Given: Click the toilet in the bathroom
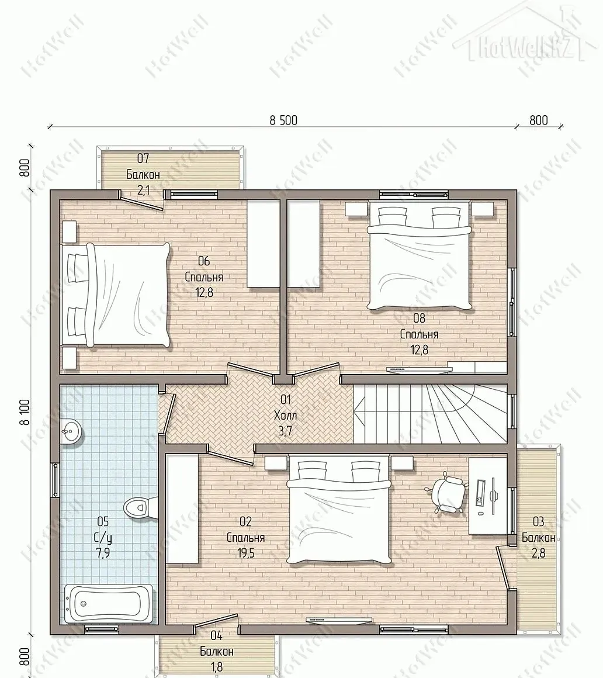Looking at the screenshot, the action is click(141, 508).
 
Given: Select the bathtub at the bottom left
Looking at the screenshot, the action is click(109, 604).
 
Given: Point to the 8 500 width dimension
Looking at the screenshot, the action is click(283, 120).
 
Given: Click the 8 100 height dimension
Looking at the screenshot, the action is click(25, 412).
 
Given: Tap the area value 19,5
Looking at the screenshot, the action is click(245, 554).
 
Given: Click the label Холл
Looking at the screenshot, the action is click(286, 415).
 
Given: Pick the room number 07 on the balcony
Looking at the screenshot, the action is click(143, 159).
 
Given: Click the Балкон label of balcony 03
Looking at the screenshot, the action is click(538, 538).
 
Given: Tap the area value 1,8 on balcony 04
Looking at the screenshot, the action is click(217, 666).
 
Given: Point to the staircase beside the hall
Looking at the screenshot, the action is click(431, 413).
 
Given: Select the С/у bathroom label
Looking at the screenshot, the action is click(103, 538).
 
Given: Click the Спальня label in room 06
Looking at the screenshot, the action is click(204, 276).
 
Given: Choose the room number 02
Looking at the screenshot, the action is click(245, 522).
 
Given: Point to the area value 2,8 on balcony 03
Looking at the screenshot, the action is click(538, 554).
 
